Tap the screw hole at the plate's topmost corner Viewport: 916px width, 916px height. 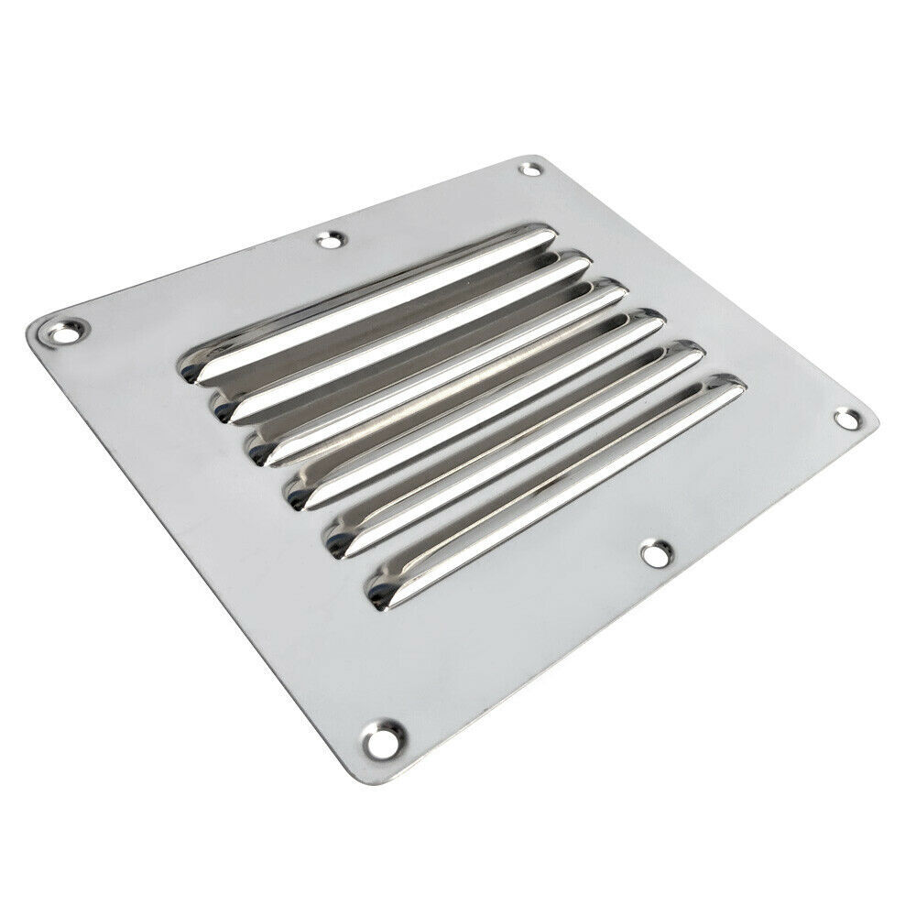tap(529, 169)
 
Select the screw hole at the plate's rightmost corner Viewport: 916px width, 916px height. tap(848, 420)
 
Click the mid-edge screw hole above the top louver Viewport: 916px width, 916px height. tap(328, 241)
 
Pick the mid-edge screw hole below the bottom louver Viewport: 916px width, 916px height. tap(654, 552)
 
